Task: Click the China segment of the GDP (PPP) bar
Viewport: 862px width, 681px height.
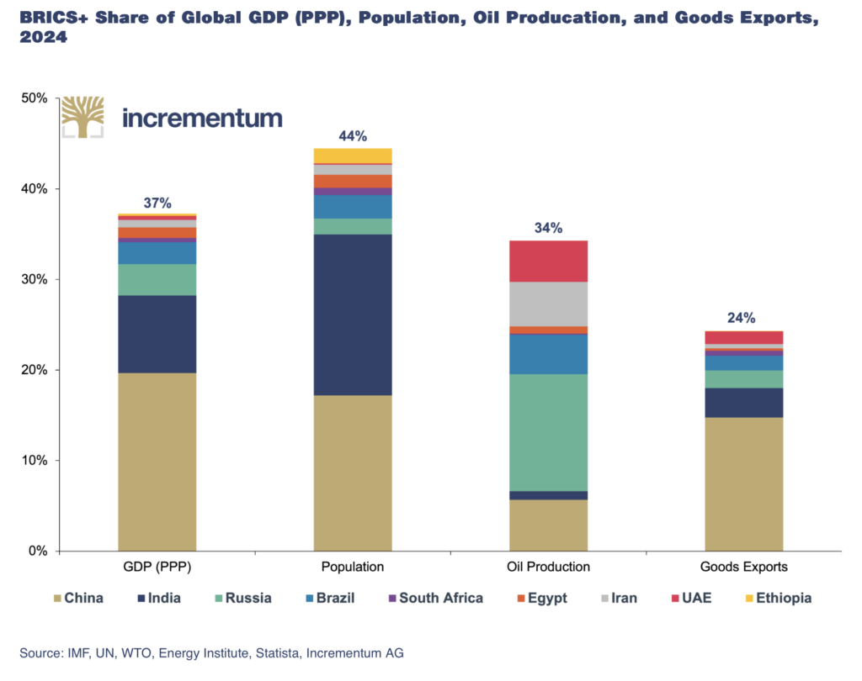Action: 157,462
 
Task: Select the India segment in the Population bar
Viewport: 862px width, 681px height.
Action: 353,314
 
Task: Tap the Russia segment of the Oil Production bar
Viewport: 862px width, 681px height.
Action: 549,433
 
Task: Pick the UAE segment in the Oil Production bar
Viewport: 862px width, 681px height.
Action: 549,261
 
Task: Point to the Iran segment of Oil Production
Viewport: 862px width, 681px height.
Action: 549,304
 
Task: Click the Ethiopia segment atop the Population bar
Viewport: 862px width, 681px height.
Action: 353,156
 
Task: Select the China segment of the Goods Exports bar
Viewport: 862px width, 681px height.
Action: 744,484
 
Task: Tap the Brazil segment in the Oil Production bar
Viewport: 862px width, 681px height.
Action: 549,354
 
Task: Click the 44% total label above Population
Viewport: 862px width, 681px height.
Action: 353,136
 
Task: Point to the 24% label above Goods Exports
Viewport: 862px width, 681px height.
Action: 742,318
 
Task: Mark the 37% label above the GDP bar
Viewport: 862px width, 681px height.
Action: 157,203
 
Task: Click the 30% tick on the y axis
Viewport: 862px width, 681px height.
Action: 34,279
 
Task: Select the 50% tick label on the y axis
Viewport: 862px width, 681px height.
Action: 34,98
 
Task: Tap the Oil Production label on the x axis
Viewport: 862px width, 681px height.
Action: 549,567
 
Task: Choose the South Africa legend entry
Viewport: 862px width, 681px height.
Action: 436,598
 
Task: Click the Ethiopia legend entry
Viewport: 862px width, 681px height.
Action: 779,598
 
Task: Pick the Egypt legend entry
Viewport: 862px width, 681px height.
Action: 542,598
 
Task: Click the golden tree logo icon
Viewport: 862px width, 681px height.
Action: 82,117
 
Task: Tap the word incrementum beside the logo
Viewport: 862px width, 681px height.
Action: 202,118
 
